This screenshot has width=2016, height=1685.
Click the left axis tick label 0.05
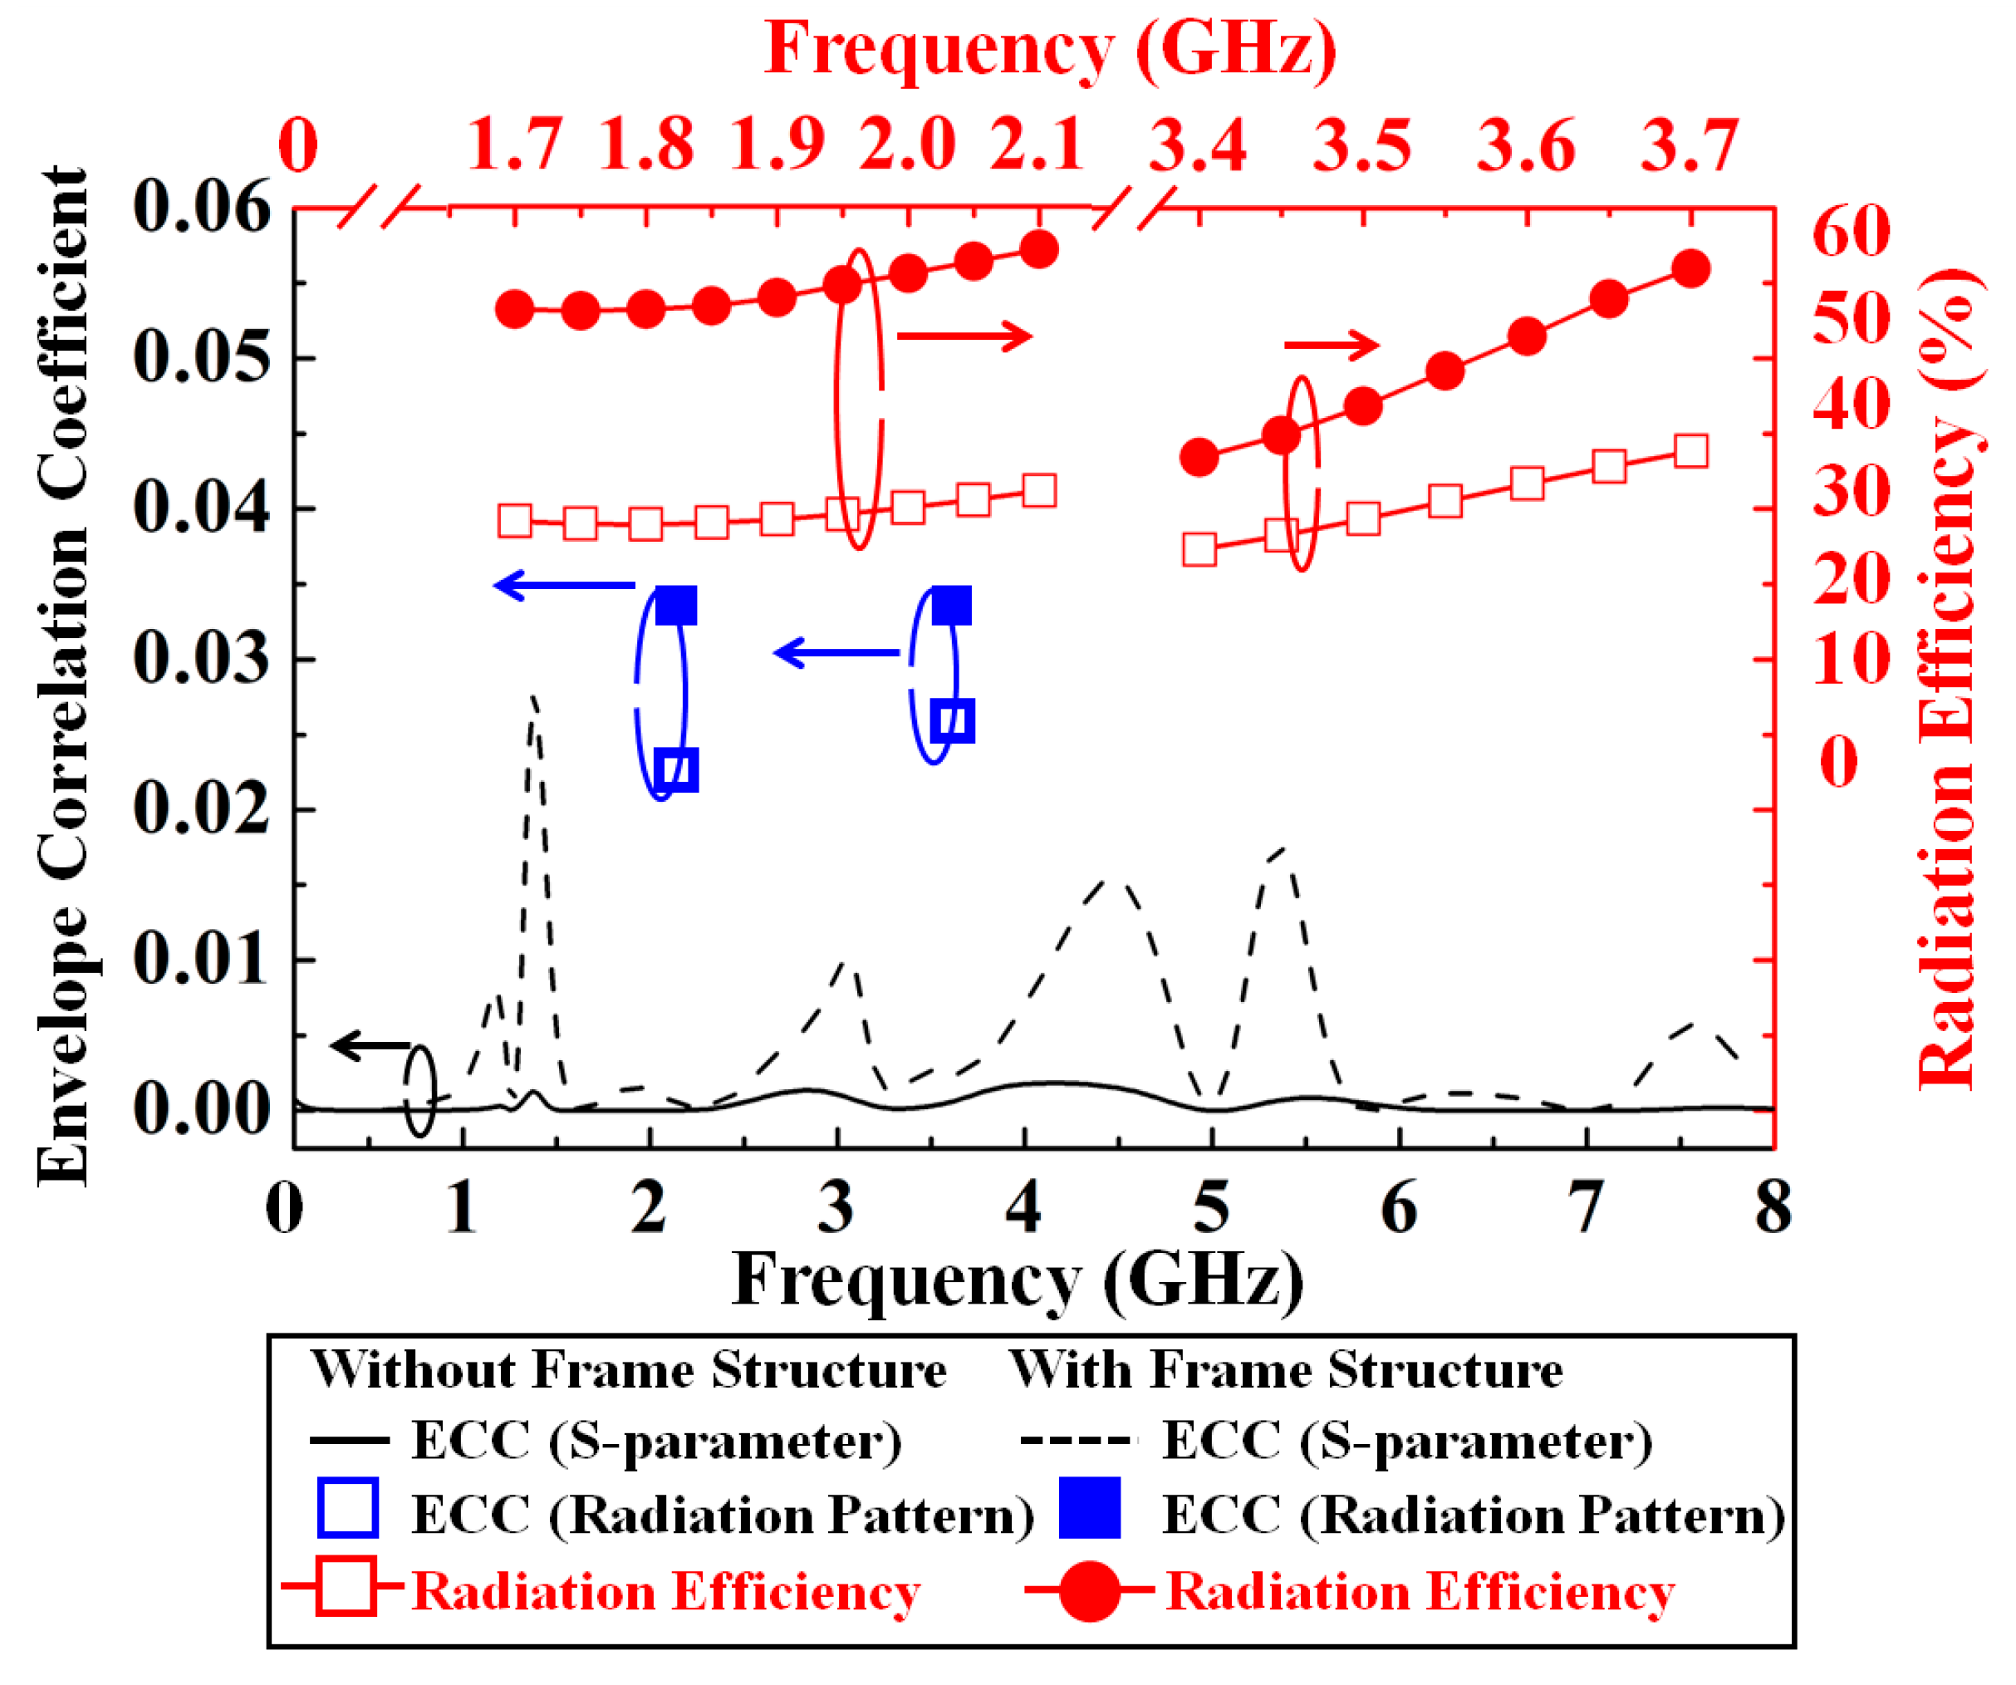pos(203,359)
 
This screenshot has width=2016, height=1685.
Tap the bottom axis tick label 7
pos(1586,1207)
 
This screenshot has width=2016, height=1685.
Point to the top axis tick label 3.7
pos(1690,146)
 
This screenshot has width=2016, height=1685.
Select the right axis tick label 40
pos(1852,403)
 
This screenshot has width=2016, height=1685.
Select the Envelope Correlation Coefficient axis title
pos(62,678)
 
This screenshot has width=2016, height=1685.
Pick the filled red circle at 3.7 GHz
pos(1690,269)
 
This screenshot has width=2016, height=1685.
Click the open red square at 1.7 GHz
pos(516,521)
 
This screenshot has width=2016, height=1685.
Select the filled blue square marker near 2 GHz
pos(676,606)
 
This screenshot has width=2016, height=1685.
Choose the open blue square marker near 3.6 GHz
pos(954,721)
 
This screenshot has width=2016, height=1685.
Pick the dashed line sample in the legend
pos(1075,1440)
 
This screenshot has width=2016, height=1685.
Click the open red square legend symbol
pos(346,1586)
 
